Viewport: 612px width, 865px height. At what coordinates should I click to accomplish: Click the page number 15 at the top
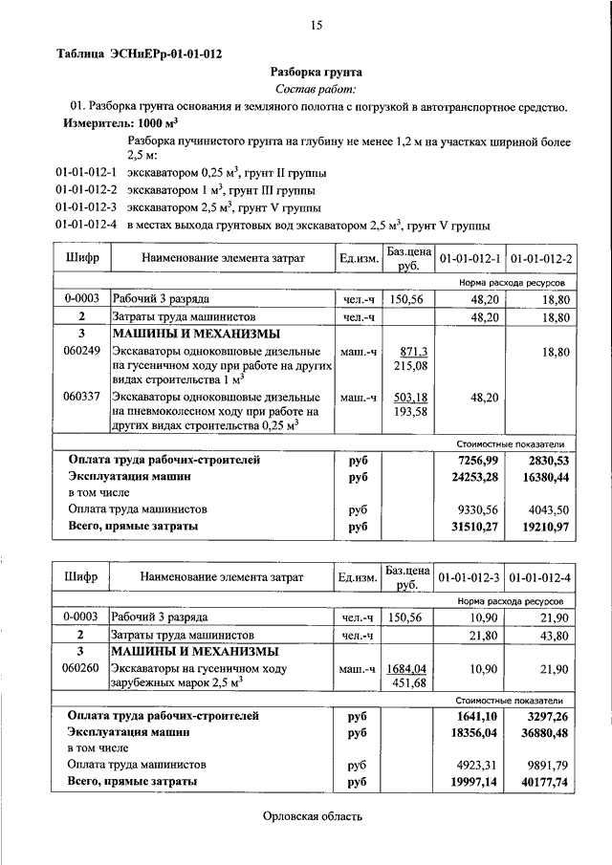point(315,26)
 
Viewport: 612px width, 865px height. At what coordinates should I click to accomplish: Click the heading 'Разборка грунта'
point(315,71)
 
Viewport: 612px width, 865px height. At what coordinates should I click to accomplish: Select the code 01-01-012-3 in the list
point(86,206)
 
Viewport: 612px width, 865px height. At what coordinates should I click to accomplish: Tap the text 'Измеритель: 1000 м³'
point(121,124)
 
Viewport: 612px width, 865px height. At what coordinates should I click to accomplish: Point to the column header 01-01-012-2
point(541,259)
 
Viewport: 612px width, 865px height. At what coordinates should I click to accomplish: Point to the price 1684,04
point(412,668)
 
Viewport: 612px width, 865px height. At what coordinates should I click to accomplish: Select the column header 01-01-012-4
point(541,578)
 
